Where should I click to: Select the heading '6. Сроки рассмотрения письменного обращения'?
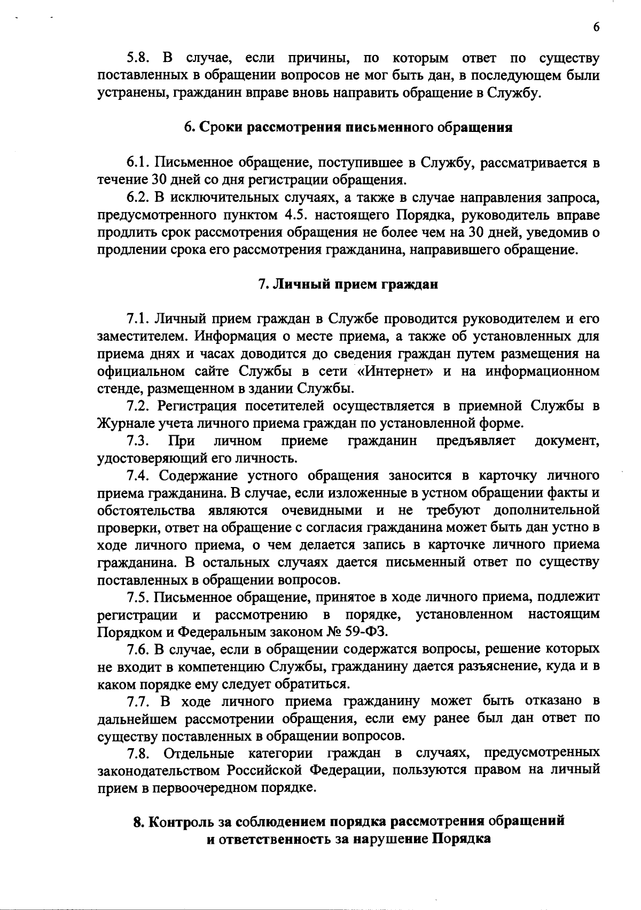348,128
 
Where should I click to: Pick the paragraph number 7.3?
138,441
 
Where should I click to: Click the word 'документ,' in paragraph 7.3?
567,441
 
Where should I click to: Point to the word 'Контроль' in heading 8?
179,822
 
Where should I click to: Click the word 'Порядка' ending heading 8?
461,839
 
